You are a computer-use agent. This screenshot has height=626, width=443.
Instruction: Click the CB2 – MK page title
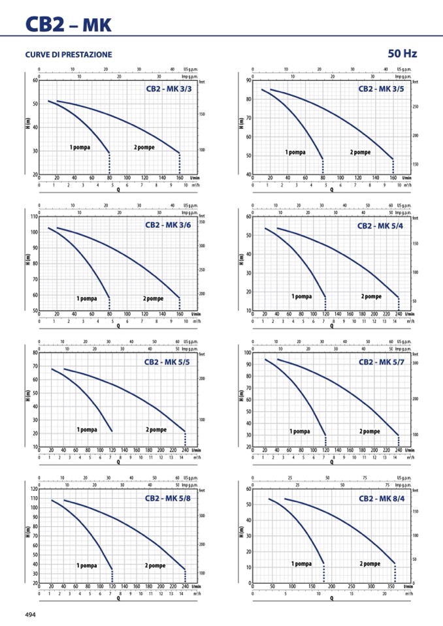click(x=69, y=25)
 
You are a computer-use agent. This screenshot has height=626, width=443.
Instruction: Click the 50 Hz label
click(x=402, y=54)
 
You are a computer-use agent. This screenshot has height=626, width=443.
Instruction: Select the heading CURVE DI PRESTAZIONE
click(x=69, y=54)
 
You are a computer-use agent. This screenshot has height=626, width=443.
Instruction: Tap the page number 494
click(x=31, y=614)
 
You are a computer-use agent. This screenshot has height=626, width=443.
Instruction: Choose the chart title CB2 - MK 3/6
click(x=168, y=225)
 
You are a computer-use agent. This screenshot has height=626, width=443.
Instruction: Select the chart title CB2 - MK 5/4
click(x=380, y=226)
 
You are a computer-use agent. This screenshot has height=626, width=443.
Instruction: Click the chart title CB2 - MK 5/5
click(x=167, y=361)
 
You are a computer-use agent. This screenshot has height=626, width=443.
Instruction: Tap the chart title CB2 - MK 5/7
click(x=381, y=362)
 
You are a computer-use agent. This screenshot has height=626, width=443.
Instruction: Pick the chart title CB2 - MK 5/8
click(x=168, y=498)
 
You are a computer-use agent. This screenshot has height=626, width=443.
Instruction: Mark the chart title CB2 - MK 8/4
click(x=381, y=498)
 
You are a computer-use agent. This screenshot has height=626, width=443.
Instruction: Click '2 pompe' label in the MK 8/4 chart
click(x=370, y=563)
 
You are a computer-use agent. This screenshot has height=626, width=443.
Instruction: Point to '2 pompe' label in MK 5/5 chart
click(x=156, y=430)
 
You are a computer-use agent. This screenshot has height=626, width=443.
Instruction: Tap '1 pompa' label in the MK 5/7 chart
click(x=300, y=431)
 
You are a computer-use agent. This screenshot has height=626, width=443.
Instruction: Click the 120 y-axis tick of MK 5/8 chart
click(x=33, y=489)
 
